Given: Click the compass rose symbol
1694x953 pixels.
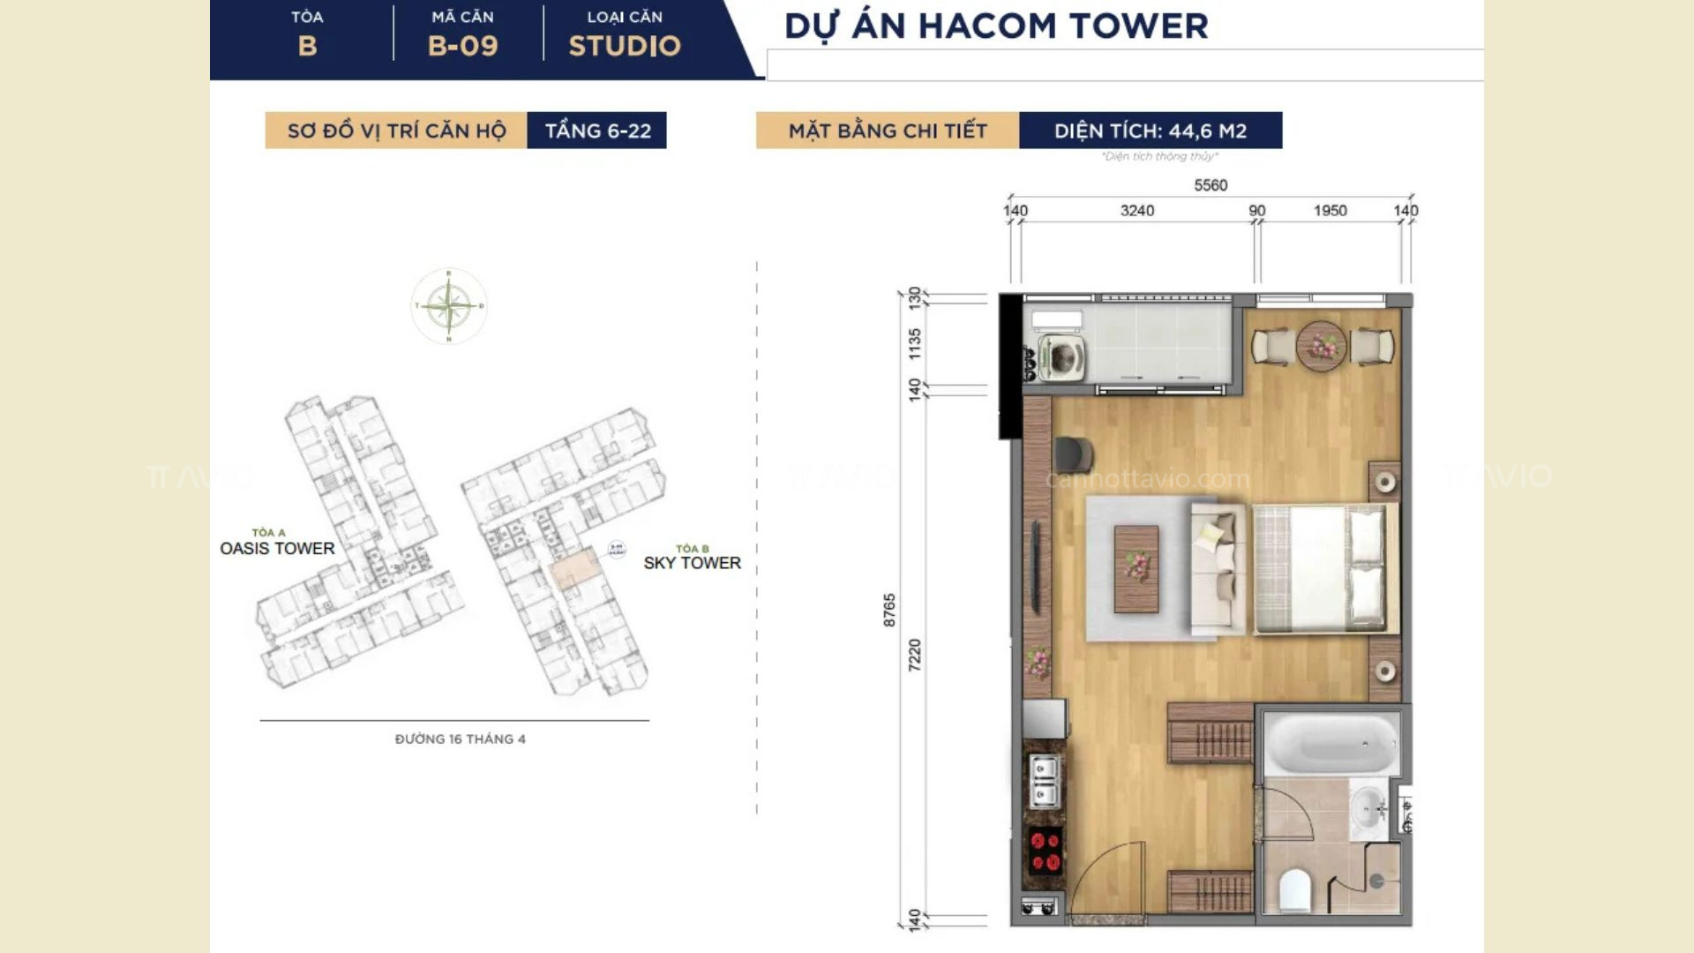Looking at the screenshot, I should point(449,306).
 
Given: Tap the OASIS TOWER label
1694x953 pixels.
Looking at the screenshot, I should point(277,548).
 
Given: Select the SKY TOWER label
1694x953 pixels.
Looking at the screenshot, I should point(692,563).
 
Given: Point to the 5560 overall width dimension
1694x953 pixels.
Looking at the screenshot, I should point(1211,185).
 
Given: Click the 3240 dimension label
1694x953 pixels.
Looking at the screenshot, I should point(1137,211).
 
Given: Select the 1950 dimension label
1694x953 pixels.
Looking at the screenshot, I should point(1330,211).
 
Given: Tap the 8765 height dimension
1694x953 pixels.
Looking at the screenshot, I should point(889,610).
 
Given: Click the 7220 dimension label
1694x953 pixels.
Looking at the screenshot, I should point(915,654).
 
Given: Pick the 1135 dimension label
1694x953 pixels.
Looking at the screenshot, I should point(915,343).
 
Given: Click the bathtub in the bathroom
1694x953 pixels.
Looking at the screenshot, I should point(1330,744).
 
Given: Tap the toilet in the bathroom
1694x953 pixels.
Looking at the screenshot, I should point(1295,889).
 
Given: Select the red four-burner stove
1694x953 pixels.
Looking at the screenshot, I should point(1046,851).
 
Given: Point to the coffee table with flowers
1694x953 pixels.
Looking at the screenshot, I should point(1136,568).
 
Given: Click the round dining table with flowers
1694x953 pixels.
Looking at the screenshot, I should point(1321,346).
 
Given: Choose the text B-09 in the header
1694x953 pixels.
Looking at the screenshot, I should point(462,46).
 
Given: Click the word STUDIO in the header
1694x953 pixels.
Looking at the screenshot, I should point(625,46).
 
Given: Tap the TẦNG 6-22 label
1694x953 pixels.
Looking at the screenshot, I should point(597,131).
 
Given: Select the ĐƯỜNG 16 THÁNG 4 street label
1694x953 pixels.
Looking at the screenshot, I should point(460,739).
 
